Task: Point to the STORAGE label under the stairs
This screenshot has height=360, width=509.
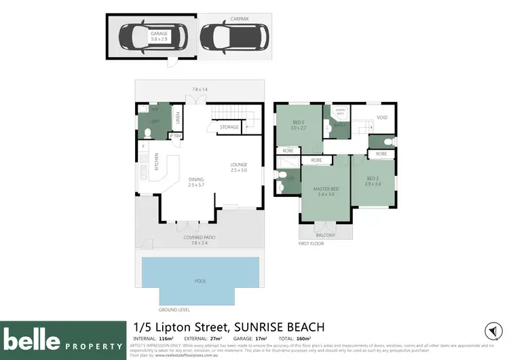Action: click(229, 126)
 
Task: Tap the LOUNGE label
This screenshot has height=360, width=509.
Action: click(238, 164)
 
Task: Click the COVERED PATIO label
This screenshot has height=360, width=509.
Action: click(200, 237)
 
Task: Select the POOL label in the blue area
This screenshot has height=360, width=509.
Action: click(201, 280)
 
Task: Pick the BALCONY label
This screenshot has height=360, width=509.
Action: click(326, 234)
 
